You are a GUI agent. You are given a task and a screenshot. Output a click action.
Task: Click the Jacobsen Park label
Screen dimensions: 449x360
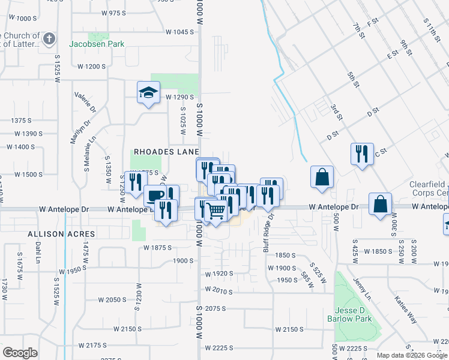click(97, 44)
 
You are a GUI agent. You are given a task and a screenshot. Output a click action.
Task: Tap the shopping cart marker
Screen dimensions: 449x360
click(215, 210)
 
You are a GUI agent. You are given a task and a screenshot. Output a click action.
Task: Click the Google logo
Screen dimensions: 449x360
click(20, 352)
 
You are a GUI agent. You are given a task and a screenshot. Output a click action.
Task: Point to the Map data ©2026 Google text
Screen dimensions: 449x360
click(412, 355)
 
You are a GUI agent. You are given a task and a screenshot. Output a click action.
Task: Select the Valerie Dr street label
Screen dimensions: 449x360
click(85, 102)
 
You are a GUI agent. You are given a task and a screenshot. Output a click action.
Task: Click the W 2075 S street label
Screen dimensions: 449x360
click(214, 308)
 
